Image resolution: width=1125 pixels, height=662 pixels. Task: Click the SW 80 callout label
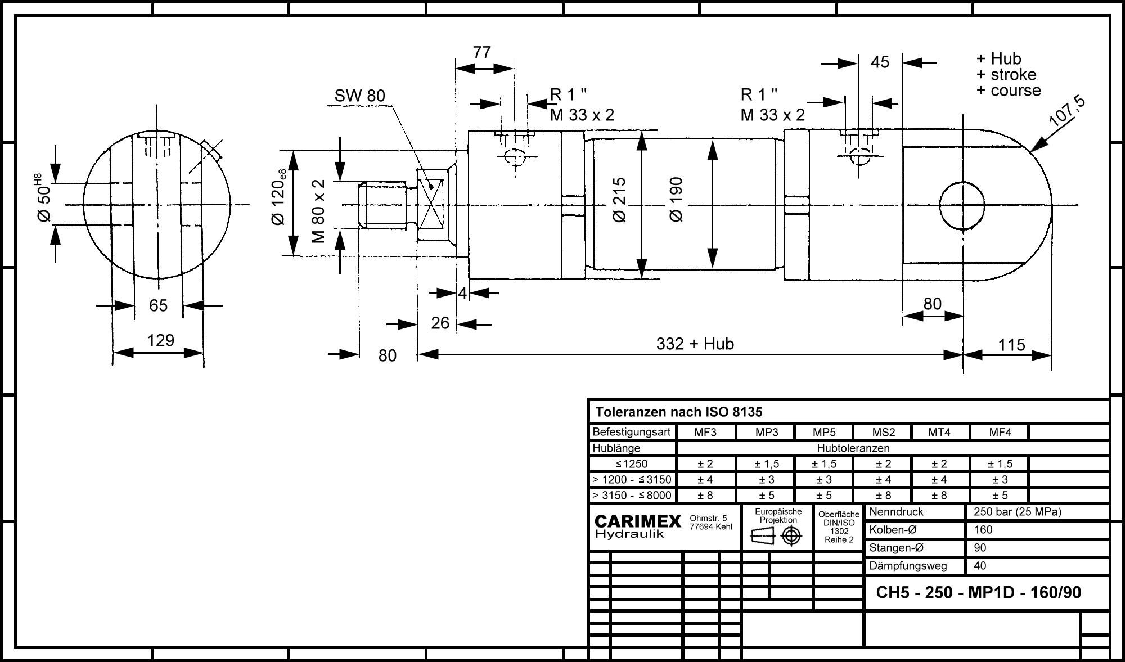(x=359, y=96)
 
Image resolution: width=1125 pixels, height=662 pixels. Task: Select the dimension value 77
(x=482, y=52)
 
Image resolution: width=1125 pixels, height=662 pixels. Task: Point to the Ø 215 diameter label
(x=619, y=200)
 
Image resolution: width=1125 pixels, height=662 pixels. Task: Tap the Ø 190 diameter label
(x=676, y=199)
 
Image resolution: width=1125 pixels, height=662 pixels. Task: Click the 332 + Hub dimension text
(x=695, y=344)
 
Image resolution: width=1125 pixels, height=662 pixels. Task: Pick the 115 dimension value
(x=1011, y=345)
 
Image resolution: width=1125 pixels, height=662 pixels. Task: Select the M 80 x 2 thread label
(x=319, y=211)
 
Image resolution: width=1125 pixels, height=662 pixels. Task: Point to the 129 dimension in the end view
(x=160, y=340)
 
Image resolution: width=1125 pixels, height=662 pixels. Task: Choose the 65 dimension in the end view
(x=159, y=305)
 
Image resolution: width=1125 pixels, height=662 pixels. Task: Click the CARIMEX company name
(x=638, y=522)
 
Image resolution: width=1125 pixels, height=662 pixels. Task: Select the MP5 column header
(x=824, y=433)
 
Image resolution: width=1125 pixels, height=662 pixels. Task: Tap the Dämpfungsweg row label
(x=908, y=566)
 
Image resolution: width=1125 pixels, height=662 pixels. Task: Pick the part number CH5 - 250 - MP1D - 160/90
(x=979, y=592)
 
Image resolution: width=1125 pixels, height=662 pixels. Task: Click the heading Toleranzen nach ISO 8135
(x=679, y=412)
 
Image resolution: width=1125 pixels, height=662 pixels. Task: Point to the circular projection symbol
(x=791, y=536)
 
